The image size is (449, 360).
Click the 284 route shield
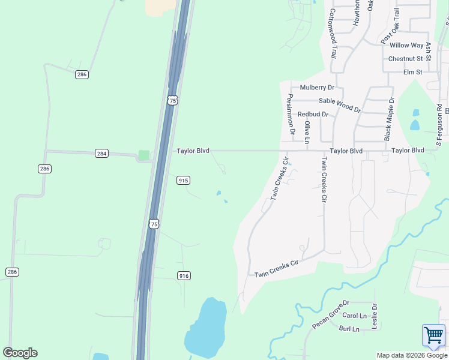tap(101, 154)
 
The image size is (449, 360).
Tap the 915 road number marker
tap(184, 180)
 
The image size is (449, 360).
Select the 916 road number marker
tap(184, 275)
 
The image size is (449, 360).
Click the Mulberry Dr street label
tap(317, 88)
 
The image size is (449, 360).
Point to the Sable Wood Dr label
tap(340, 105)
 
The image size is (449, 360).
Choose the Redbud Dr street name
tap(313, 114)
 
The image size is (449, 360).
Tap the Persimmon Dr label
tap(291, 113)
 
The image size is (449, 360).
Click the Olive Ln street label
tap(307, 132)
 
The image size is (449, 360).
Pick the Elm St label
tap(413, 72)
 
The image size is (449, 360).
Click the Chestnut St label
tap(406, 59)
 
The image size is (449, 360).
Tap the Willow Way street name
tap(408, 45)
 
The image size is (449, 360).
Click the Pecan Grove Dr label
tap(330, 315)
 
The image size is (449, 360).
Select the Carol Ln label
tap(354, 316)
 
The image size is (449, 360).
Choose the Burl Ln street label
tap(349, 329)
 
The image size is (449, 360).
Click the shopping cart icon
tap(433, 336)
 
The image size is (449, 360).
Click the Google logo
tap(20, 353)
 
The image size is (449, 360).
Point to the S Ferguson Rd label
tap(439, 127)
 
